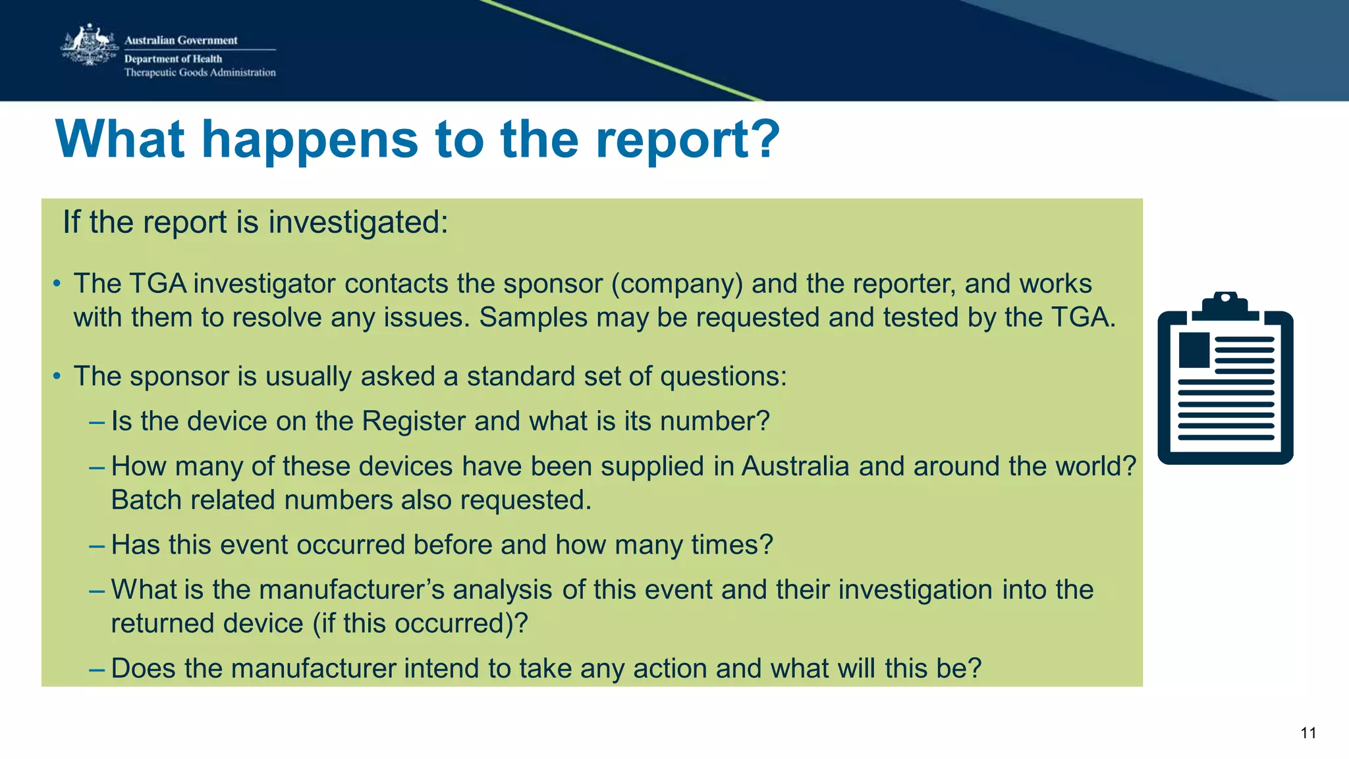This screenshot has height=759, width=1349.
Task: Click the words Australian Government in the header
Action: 180,40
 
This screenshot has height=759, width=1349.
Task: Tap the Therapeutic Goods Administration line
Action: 200,72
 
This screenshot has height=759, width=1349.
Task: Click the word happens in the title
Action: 310,140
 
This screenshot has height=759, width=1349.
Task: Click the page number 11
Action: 1308,733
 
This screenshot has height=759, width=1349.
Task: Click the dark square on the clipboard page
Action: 1194,350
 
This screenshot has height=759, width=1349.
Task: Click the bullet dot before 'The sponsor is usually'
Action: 57,377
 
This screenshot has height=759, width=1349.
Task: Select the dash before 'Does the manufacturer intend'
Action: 96,669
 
